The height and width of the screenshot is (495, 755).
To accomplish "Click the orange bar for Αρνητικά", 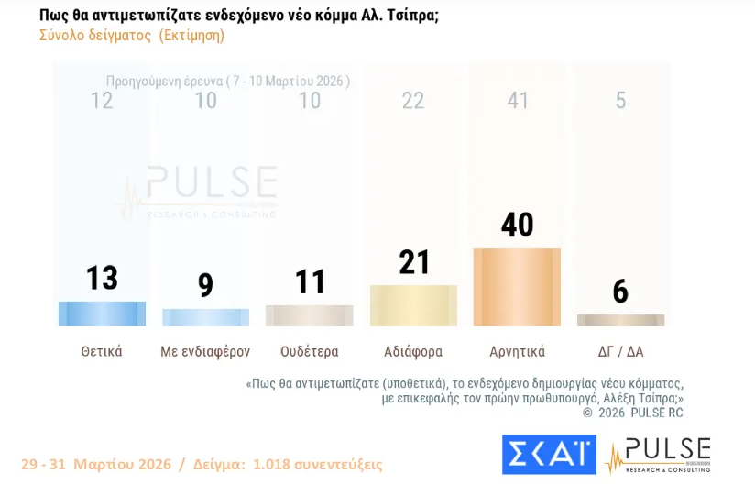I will [517, 287].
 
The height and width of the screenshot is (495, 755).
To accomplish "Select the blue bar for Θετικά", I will [102, 313].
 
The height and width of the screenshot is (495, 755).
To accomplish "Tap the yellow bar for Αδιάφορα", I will [413, 305].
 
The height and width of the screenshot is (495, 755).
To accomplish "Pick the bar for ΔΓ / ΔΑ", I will [620, 320].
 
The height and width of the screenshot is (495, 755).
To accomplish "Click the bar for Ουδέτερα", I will [309, 315].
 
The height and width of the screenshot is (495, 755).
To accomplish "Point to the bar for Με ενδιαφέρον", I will [205, 317].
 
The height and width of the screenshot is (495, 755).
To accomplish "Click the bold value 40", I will [518, 225].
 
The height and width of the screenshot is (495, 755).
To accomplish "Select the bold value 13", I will [102, 277].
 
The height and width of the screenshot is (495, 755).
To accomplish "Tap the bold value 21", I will [413, 261].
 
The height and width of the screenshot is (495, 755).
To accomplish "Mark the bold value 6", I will [620, 291].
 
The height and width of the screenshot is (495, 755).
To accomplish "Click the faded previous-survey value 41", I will [518, 100].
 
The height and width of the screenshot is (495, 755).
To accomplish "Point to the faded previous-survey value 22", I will [413, 100].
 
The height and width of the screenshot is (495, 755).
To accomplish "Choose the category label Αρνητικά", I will [517, 351].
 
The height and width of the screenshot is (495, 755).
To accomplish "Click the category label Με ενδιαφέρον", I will [205, 351].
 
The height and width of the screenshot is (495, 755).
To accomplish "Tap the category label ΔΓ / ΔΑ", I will [620, 351].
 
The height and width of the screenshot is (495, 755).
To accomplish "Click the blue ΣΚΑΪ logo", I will [549, 455].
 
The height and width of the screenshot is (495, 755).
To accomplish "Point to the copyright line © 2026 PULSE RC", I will [633, 412].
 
